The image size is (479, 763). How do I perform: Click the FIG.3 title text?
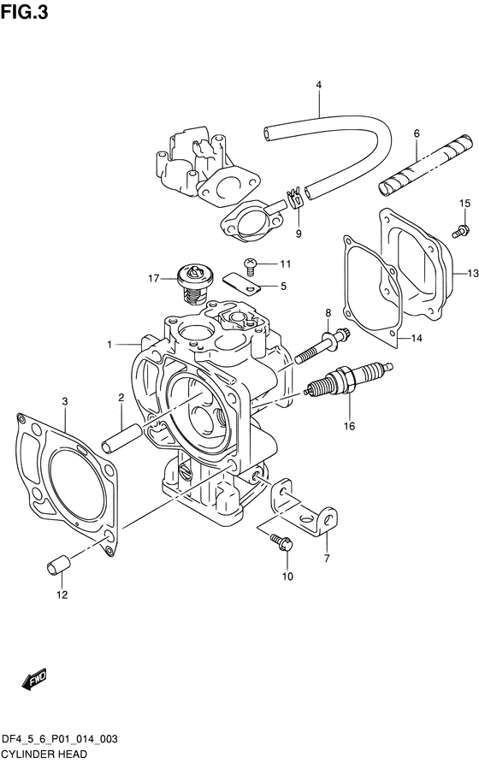pos(24,12)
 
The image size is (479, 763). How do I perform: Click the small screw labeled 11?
pos(250,264)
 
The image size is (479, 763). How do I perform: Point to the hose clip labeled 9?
pos(296,199)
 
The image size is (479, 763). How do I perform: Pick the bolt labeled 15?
pos(460,230)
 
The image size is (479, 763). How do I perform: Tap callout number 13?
pos(473,274)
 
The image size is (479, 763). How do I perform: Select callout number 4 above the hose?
pos(319,86)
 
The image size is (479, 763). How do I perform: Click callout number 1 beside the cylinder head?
pos(110,345)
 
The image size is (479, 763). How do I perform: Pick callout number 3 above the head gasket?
pos(65,401)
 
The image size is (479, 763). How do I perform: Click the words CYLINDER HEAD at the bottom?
pos(44,754)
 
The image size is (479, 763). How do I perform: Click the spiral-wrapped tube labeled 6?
pos(425,165)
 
